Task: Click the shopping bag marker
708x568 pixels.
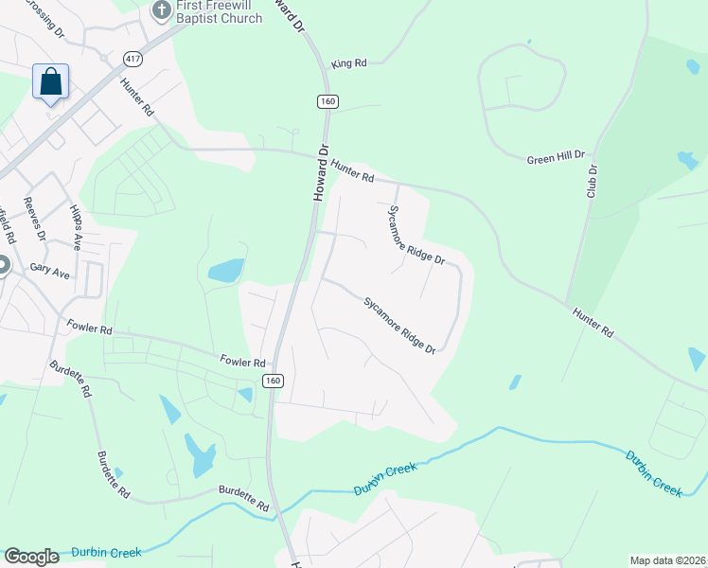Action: [x=51, y=81]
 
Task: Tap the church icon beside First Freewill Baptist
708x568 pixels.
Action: [x=160, y=10]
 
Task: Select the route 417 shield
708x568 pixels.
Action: [x=132, y=59]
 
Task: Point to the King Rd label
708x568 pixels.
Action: [x=348, y=63]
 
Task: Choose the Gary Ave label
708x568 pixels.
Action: [x=50, y=270]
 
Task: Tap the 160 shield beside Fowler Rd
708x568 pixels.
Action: [x=273, y=381]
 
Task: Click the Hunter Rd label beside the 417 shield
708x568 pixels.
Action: [x=136, y=96]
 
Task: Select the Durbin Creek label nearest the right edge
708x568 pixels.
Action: [x=653, y=472]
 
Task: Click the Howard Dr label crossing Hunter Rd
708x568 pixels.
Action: [x=321, y=171]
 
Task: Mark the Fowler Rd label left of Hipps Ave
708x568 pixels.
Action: [x=90, y=328]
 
